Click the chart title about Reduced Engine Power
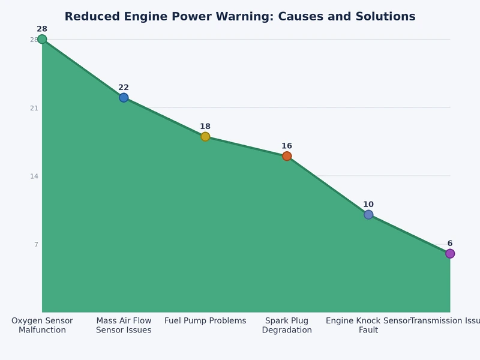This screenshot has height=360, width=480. [240, 17]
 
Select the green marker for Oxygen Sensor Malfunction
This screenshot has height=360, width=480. [42, 40]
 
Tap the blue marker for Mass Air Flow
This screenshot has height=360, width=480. [124, 98]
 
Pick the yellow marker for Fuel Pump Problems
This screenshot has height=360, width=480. [205, 137]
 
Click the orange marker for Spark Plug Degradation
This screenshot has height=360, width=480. [287, 156]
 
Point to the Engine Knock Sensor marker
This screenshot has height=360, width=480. [368, 215]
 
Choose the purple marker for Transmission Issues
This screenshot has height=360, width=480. [450, 254]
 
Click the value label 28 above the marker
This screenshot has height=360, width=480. [42, 29]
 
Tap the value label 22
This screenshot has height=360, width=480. [124, 88]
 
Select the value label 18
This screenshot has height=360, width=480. [205, 127]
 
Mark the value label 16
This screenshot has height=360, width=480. [287, 146]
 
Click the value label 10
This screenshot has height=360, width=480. [368, 205]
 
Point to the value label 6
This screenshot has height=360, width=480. [450, 244]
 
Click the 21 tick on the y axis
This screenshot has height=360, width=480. [34, 108]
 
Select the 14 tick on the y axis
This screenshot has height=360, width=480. [34, 176]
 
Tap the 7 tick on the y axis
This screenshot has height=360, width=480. [36, 245]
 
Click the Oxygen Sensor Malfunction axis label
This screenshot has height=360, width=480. [42, 325]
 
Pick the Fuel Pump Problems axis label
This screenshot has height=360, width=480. [205, 321]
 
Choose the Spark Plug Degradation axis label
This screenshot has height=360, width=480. [287, 325]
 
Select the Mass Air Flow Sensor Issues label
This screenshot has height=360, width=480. [124, 325]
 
